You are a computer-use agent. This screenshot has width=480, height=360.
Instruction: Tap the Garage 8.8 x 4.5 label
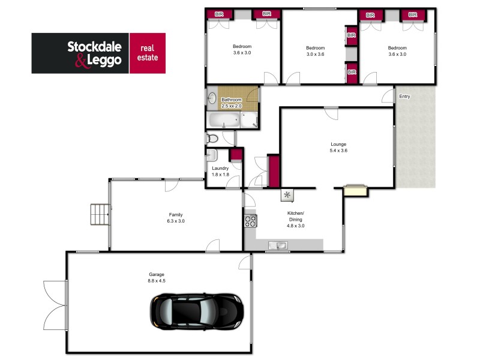coord(157,278)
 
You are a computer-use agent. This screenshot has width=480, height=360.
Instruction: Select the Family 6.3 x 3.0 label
coord(175,218)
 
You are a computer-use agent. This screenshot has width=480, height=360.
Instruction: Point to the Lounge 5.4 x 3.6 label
coord(339,147)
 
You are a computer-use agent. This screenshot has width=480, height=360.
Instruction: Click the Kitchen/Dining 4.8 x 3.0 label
coord(296,220)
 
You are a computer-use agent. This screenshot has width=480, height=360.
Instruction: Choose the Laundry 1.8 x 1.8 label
coord(221,171)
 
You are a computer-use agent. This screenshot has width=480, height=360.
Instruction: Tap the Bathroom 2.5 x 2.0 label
coord(232,103)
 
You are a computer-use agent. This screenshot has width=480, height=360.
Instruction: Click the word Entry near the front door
coord(405,97)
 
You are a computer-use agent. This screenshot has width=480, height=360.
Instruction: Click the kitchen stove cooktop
coord(250,221)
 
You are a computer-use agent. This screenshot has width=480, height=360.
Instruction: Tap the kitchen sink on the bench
coord(278,245)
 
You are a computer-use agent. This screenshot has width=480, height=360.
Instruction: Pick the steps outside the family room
coord(100,214)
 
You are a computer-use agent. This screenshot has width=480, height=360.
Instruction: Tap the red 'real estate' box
coord(148,53)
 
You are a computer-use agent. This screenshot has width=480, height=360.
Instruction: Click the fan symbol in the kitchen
coord(287,194)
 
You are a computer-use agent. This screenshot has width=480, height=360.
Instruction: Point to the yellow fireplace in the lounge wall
coord(355,190)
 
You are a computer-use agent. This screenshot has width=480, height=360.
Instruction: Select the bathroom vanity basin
coord(212,98)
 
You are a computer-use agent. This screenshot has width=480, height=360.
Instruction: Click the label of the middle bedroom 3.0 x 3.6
coord(315,51)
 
